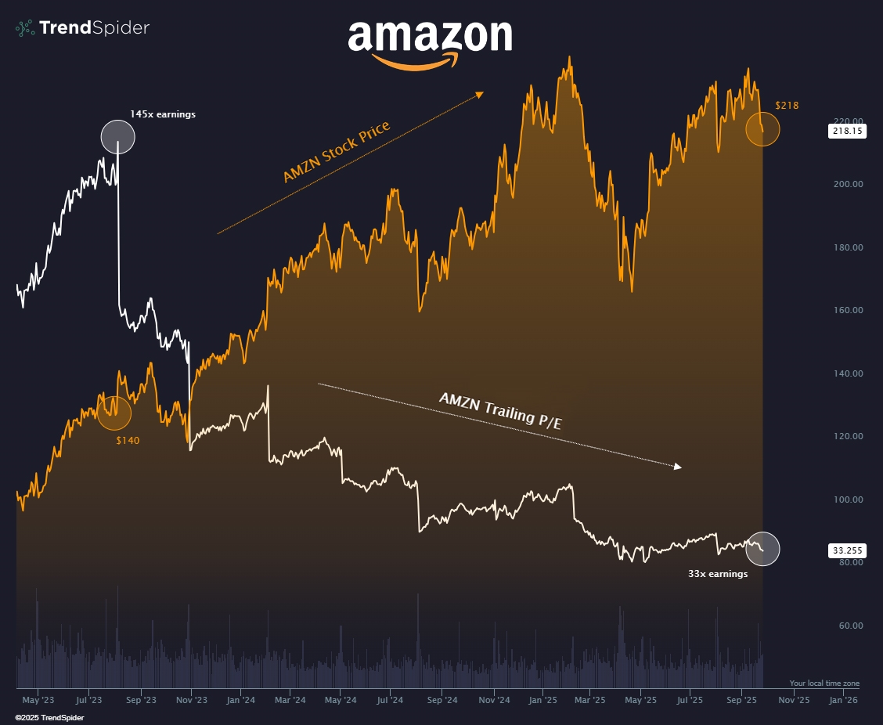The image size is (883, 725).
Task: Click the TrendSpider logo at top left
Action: [x=82, y=28]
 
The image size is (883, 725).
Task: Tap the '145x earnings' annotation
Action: [x=163, y=114]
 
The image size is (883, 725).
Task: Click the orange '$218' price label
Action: [x=787, y=105]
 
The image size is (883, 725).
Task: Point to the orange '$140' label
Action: [x=128, y=441]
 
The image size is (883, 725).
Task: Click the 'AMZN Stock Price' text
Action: [x=337, y=153]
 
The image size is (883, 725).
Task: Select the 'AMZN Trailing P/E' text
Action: [x=501, y=410]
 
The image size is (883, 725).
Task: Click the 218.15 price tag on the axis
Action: [x=846, y=132]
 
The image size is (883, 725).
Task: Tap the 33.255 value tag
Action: [x=846, y=550]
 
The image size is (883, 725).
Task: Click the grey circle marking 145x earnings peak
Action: [x=118, y=137]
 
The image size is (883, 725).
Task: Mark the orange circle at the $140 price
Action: [x=114, y=413]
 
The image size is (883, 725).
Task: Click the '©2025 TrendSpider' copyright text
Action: [x=49, y=717]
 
